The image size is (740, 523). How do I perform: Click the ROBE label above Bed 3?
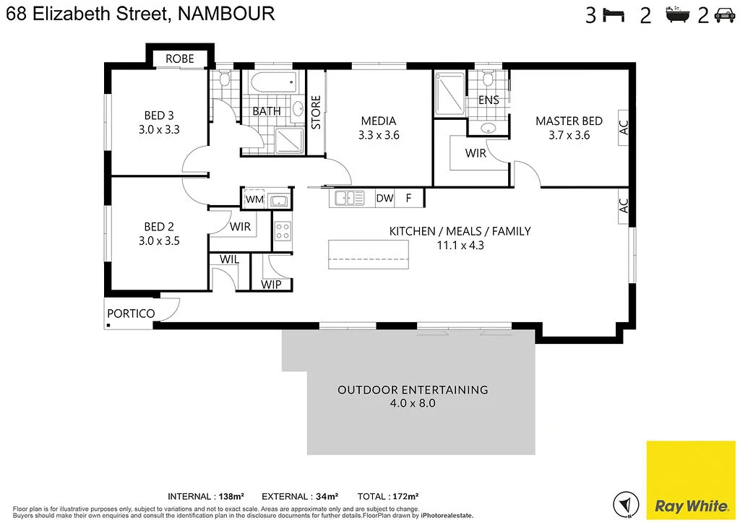(x=179, y=59)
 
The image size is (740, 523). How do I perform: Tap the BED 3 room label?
(x=159, y=116)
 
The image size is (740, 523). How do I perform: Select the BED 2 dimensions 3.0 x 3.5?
(x=159, y=241)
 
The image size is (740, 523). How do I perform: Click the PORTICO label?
(x=131, y=314)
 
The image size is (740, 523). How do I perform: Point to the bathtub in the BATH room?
(x=272, y=83)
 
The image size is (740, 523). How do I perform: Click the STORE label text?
(x=316, y=113)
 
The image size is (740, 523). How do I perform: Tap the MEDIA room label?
(x=379, y=121)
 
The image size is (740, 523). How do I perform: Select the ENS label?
(x=489, y=100)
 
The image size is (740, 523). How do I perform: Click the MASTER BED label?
(x=569, y=121)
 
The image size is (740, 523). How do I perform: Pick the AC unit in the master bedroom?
(x=624, y=128)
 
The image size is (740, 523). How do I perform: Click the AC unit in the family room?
(x=624, y=206)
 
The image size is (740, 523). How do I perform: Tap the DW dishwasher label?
(x=384, y=198)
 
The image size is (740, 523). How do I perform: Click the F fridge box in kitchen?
(x=408, y=198)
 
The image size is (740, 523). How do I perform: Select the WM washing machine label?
(x=254, y=199)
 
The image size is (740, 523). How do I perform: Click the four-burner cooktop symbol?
(x=282, y=231)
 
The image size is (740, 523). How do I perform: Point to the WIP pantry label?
(x=271, y=285)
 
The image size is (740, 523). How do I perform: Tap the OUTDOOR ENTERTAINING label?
(x=413, y=390)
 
